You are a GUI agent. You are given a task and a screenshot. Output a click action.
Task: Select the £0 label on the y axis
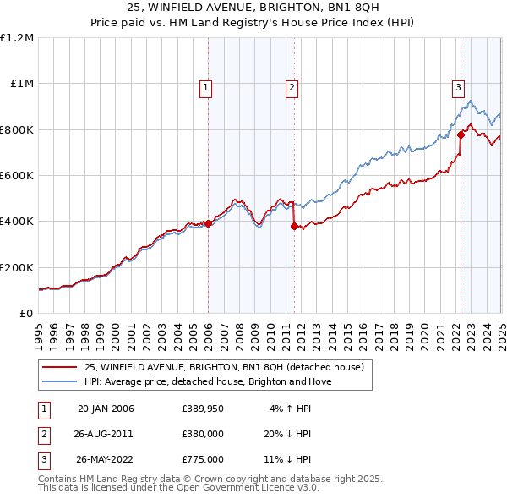pos(25,313)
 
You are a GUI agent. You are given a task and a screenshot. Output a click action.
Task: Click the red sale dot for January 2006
pos(209,224)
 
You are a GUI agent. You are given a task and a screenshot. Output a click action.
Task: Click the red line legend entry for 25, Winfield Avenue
pos(224,368)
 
